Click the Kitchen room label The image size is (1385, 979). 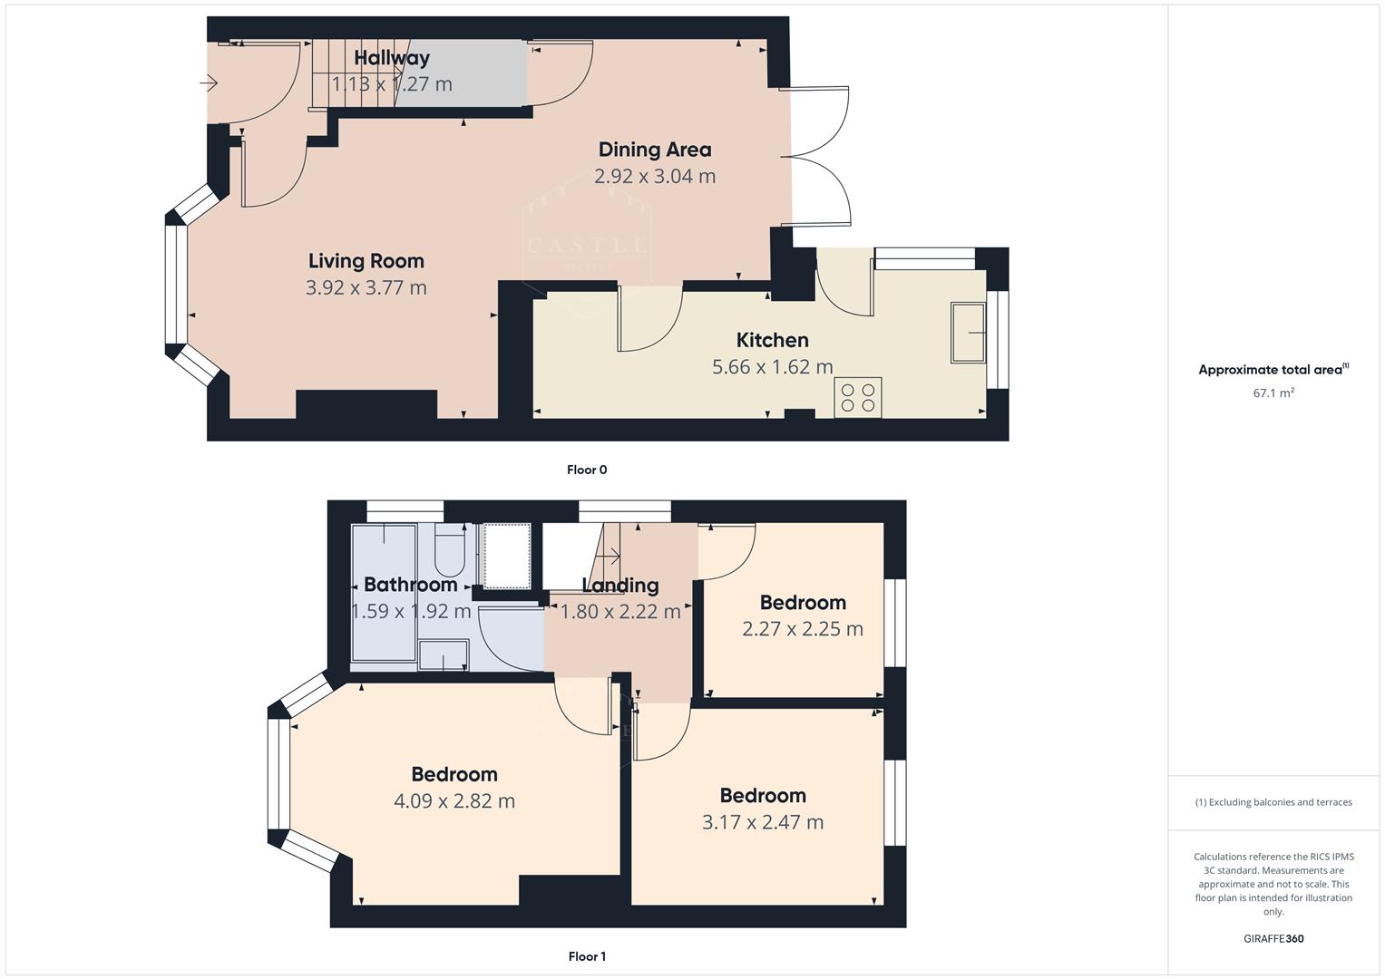(772, 340)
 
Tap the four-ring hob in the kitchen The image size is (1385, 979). (857, 399)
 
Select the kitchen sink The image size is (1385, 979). (968, 333)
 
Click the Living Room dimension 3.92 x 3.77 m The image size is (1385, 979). (366, 287)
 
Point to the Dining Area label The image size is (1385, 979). (655, 150)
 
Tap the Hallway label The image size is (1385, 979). (392, 58)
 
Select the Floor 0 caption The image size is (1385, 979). (587, 470)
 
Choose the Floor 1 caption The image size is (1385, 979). (587, 956)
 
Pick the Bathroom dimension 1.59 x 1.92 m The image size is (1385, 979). (411, 611)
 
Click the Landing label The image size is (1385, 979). (620, 586)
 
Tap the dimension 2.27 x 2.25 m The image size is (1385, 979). (802, 629)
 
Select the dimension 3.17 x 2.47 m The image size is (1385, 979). (763, 822)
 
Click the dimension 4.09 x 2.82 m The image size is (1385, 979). (454, 801)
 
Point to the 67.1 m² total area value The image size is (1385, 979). (1273, 393)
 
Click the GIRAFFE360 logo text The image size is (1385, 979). (1273, 939)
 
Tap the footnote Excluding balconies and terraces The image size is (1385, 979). (1273, 802)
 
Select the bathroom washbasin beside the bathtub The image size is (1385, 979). (444, 655)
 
